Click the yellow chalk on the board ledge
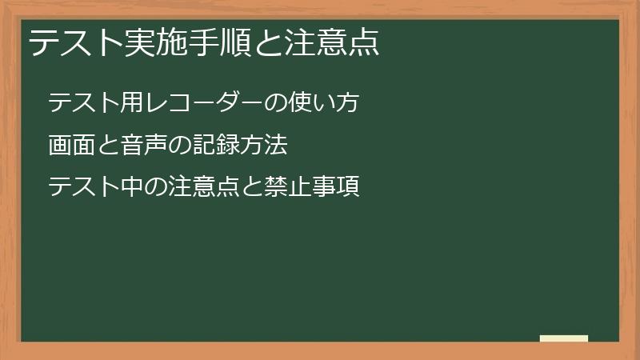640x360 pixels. pyautogui.click(x=564, y=338)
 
